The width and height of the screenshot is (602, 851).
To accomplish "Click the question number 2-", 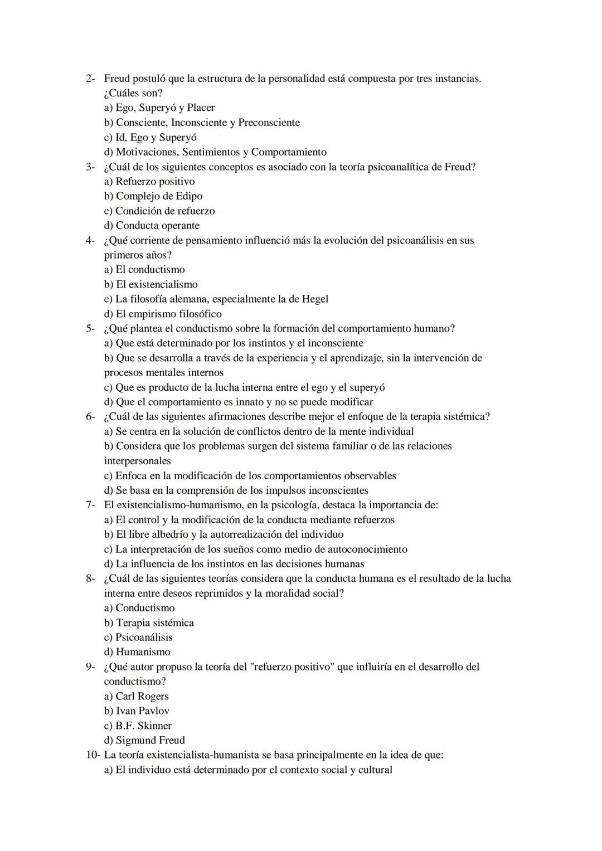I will pyautogui.click(x=90, y=79).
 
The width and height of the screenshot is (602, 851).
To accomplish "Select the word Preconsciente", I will pyautogui.click(x=269, y=123).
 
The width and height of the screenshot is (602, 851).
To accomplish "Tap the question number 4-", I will pyautogui.click(x=90, y=241).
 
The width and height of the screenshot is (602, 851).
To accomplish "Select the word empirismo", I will pyautogui.click(x=154, y=314).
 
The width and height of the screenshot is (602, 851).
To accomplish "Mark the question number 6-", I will pyautogui.click(x=90, y=417).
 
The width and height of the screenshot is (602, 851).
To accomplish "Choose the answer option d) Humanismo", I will pyautogui.click(x=137, y=652).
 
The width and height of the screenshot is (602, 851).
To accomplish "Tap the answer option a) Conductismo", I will pyautogui.click(x=139, y=608).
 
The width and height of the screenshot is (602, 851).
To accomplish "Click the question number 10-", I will pyautogui.click(x=93, y=756).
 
